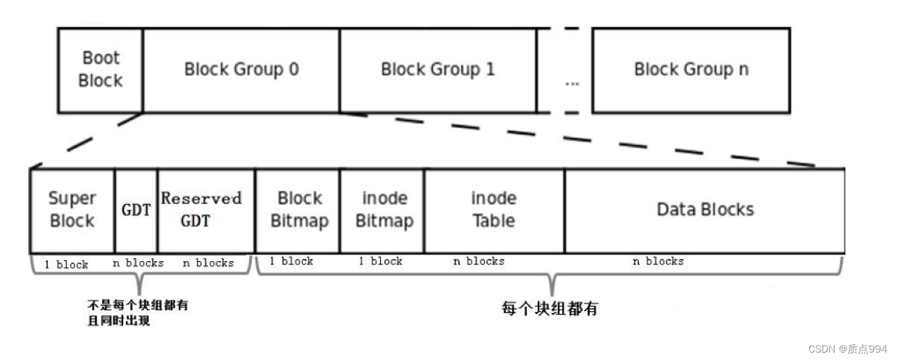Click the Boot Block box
tap(100, 70)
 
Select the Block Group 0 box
tap(241, 70)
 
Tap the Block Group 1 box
tap(438, 70)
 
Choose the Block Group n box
tap(690, 70)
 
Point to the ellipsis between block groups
tap(571, 83)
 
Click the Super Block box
tap(72, 210)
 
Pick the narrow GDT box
tap(136, 210)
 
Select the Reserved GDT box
tap(201, 210)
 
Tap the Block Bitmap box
tap(299, 210)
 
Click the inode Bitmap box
tap(384, 210)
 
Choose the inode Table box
tap(493, 210)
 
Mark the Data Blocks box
tap(704, 210)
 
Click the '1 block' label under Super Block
tap(66, 265)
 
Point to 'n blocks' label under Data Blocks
tap(657, 261)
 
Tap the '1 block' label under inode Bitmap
tap(380, 261)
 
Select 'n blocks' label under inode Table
tap(479, 261)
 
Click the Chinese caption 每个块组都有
tap(549, 308)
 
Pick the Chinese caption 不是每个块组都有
tap(137, 306)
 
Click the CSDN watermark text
tap(847, 349)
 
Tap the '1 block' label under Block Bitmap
tap(291, 261)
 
